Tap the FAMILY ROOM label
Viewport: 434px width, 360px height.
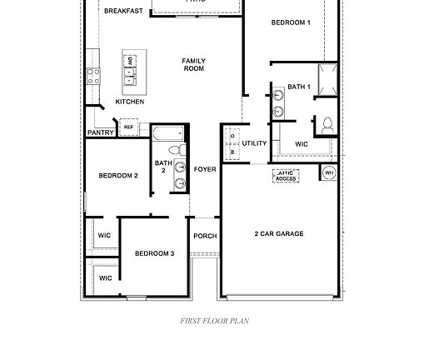(194, 64)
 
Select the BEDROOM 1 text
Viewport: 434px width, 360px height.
(291, 22)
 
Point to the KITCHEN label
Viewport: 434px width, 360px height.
(129, 102)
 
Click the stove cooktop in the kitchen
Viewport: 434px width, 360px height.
(93, 76)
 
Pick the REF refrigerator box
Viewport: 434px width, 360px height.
(128, 127)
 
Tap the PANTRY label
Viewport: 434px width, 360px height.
(101, 132)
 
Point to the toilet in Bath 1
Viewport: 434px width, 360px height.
(327, 126)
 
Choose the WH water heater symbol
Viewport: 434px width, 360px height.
(329, 172)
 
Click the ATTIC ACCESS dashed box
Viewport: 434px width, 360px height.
(287, 176)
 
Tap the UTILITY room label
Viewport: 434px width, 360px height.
(254, 143)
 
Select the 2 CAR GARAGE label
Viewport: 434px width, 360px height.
(278, 234)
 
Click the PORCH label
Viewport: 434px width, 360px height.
(205, 236)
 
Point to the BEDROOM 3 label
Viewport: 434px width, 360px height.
(154, 253)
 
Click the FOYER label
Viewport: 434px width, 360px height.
(205, 169)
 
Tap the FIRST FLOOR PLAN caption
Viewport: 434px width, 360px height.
(215, 320)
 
